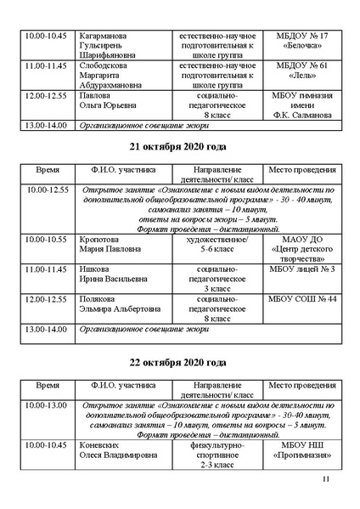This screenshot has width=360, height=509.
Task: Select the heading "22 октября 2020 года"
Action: pos(180,363)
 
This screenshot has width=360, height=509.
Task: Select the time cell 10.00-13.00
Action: pos(48,405)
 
